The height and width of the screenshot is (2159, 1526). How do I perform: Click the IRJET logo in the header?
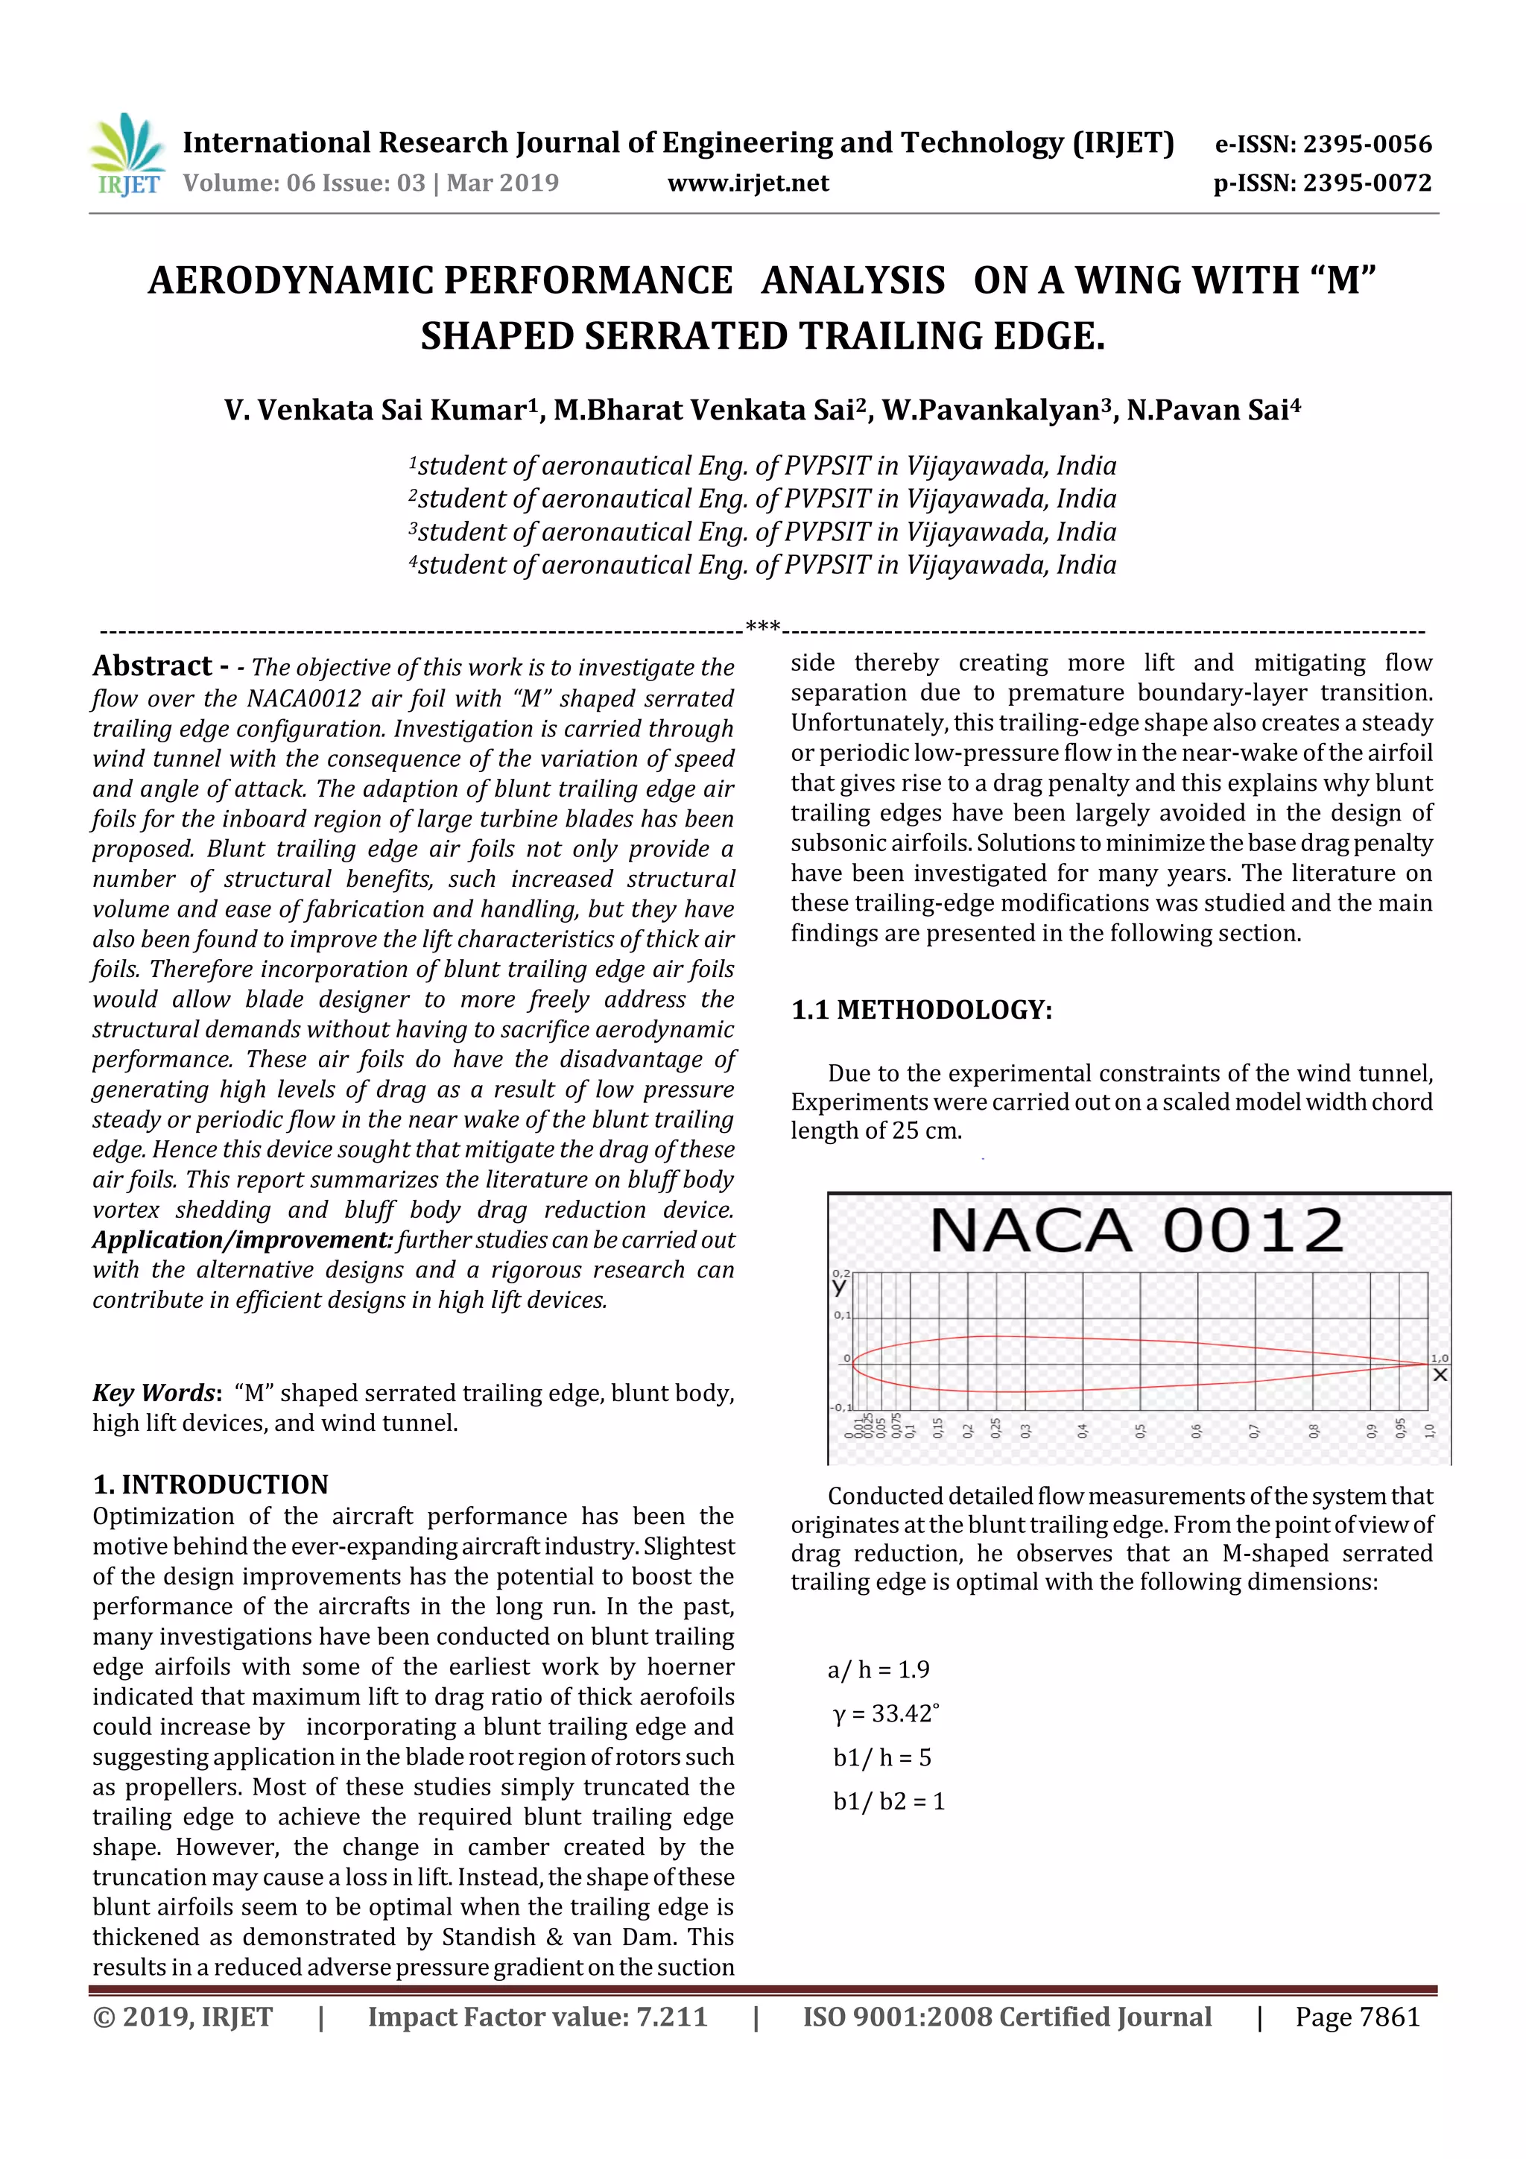tap(126, 155)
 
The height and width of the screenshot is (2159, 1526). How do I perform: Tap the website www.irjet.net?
tap(747, 183)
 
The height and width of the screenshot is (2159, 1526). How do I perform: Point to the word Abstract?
tap(152, 666)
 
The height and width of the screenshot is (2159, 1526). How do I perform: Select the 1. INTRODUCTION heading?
tap(211, 1484)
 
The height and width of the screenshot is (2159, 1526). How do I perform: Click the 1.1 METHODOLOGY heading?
tap(922, 1010)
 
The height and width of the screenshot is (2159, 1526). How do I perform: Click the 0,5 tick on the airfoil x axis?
tap(1141, 1430)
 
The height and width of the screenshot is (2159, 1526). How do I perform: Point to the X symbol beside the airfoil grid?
tap(1440, 1375)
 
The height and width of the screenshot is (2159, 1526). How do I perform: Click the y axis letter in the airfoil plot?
tap(840, 1286)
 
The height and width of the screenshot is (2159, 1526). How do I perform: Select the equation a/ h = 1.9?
tap(878, 1670)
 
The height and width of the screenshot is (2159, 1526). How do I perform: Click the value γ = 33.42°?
tap(886, 1713)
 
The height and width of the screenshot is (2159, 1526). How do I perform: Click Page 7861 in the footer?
tap(1357, 2017)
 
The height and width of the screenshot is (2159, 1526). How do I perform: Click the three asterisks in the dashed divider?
tap(762, 626)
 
